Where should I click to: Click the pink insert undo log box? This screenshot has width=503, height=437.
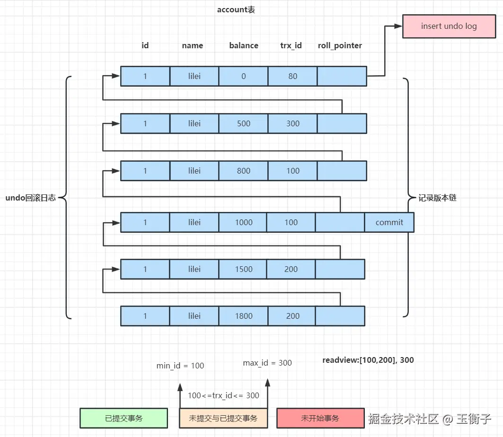(449, 26)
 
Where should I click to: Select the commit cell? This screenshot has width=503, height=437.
(389, 222)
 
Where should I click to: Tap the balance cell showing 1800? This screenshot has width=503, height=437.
(243, 316)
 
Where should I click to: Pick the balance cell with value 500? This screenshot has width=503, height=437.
(243, 123)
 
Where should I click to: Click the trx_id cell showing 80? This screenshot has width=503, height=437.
(292, 76)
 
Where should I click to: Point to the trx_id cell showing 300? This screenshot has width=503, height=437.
(292, 123)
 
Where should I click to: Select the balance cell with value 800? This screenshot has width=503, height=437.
(243, 171)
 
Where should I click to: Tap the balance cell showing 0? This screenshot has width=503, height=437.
(243, 76)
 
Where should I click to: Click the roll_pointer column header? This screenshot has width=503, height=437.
(340, 45)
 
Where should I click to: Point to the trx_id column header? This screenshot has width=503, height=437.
(291, 45)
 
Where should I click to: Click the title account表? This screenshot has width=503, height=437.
(236, 9)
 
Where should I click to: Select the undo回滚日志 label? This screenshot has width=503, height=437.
(31, 198)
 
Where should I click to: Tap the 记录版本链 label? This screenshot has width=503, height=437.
(438, 198)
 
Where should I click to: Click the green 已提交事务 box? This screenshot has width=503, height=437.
(124, 418)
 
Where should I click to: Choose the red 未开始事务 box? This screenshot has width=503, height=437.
(320, 418)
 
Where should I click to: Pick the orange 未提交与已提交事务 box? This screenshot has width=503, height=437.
(223, 418)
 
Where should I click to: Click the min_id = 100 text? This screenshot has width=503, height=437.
(180, 366)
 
